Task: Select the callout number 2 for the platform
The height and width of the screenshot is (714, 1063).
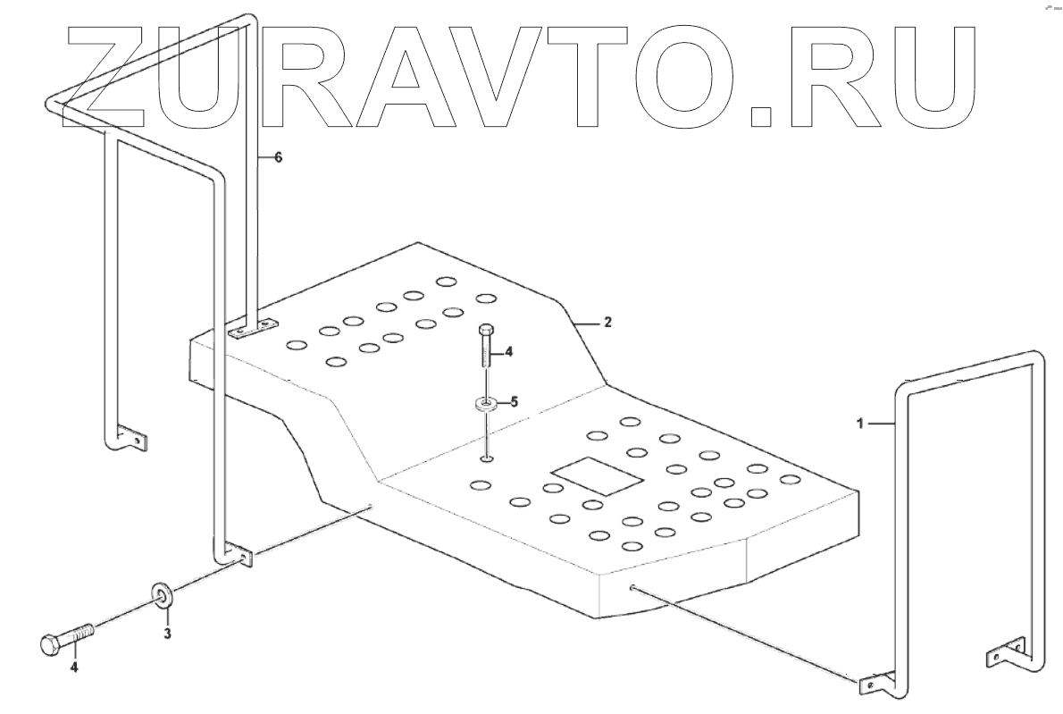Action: tap(607, 322)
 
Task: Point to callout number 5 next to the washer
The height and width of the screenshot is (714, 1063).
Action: tap(514, 401)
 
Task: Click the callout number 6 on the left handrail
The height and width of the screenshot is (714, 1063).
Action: tap(278, 157)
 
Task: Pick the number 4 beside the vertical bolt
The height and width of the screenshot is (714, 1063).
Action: tap(508, 352)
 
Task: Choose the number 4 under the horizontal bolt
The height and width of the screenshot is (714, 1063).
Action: tap(74, 667)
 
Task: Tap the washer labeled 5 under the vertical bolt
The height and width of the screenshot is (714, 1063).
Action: tap(485, 405)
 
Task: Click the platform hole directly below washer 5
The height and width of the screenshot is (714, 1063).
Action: tap(486, 460)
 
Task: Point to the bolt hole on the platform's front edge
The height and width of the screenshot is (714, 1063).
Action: tap(632, 588)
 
